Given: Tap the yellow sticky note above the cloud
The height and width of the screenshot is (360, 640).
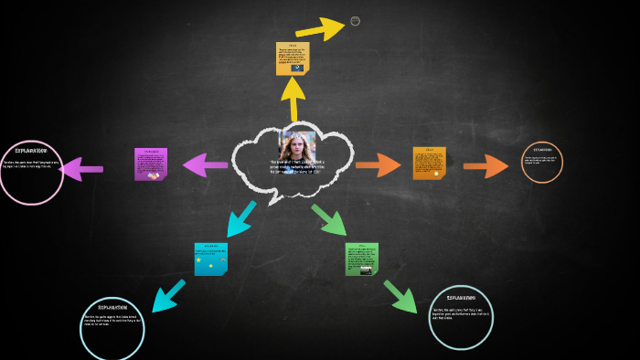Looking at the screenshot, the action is coord(293,58).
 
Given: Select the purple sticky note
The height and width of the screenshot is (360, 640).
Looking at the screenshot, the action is coord(151,164).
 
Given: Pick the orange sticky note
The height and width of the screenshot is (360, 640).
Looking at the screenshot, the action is coord(429,163).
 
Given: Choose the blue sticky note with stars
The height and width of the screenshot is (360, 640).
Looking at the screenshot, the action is coord(210,259).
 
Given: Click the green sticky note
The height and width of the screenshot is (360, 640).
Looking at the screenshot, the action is coord(361,259).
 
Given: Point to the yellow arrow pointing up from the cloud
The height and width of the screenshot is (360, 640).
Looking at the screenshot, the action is coord(293,99).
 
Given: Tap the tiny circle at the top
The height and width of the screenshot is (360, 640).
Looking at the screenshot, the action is coord(355,21).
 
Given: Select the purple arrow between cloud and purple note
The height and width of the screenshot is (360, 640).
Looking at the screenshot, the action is coord(205,164).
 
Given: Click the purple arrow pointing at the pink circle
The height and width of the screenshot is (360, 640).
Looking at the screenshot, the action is coord(81,168).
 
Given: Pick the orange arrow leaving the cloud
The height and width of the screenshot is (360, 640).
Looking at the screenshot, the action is coord(378,164).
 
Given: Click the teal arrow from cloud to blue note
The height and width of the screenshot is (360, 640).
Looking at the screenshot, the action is coord(240,219).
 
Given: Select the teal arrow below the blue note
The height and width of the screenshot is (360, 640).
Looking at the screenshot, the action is coord(168,295).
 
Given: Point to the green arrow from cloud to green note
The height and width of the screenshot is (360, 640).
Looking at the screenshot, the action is coord(329,219).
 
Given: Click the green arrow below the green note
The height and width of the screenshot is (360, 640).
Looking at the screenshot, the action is coord(400,297).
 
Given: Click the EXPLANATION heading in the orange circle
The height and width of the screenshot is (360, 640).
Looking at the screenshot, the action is coord(542,149).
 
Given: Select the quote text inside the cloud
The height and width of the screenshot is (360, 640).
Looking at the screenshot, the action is coord(297,166).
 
